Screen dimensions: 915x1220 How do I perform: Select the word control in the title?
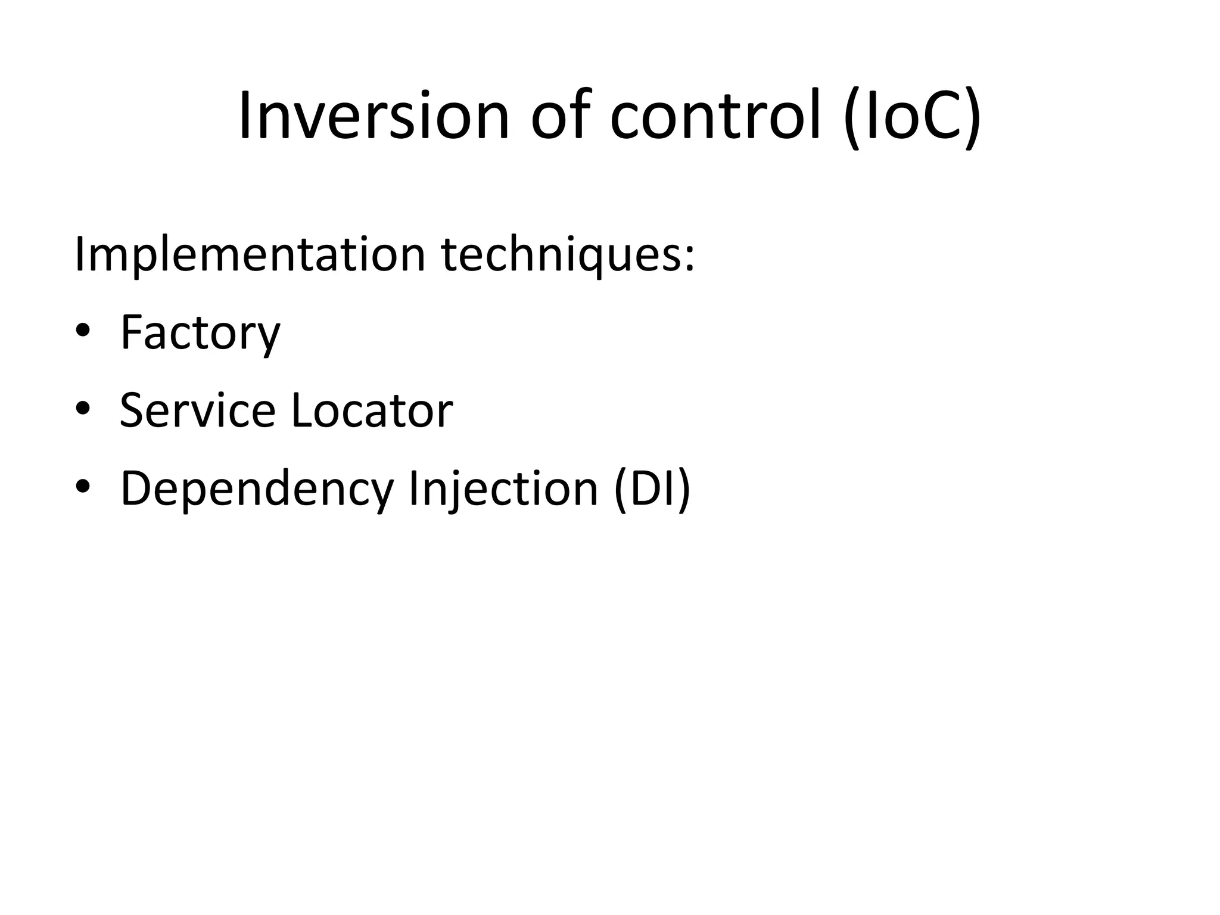715,116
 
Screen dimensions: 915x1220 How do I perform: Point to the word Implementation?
250,255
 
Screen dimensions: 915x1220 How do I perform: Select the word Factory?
200,332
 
